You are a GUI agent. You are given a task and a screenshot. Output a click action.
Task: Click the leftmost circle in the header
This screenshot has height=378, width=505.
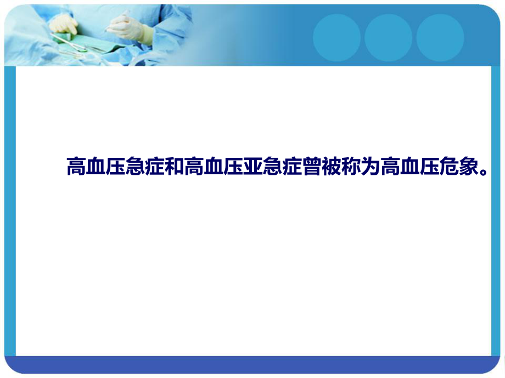[x=336, y=38]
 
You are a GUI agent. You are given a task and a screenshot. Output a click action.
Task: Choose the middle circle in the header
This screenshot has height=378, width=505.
[x=388, y=38]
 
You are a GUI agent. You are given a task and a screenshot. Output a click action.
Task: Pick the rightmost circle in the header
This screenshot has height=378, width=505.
[x=440, y=38]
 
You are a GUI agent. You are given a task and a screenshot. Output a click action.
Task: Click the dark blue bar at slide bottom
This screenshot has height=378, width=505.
[x=252, y=364]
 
